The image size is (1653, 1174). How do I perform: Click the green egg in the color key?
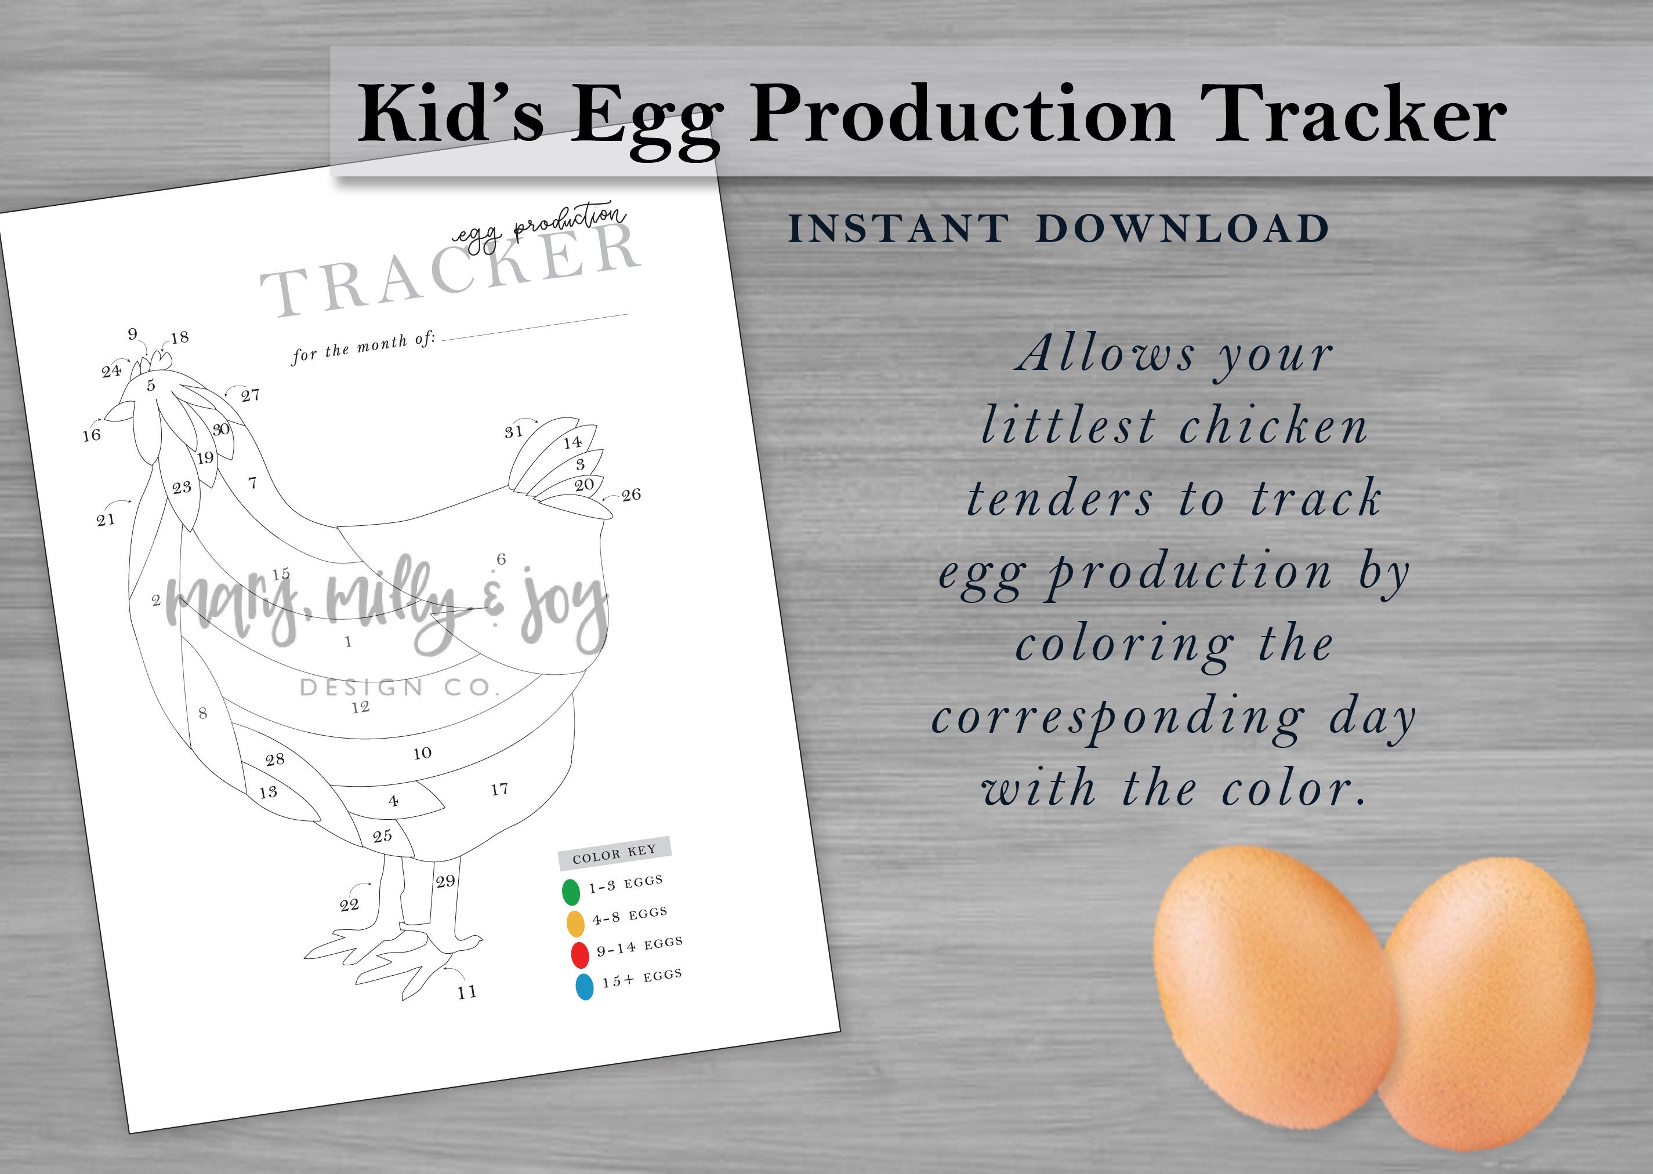571,891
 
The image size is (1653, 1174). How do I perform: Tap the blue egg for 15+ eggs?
584,987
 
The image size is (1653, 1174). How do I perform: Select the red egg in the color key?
580,954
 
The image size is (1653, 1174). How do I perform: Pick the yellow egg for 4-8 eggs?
575,923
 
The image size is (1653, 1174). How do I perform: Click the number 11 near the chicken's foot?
467,993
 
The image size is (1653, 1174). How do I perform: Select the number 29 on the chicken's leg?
445,881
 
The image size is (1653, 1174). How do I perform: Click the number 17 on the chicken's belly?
499,788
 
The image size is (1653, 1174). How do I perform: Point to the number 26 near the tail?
631,495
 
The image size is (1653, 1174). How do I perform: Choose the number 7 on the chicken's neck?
252,483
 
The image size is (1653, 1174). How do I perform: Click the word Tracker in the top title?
1357,116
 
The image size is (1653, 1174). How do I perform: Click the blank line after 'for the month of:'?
535,327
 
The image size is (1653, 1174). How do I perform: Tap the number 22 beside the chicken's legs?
349,904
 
